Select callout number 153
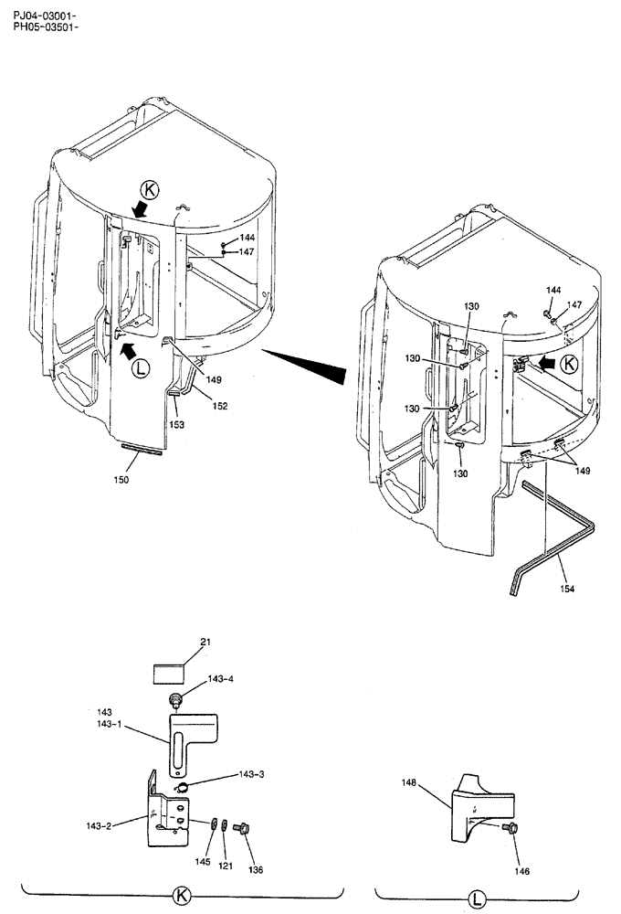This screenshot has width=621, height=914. (x=176, y=424)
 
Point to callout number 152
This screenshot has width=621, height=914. (x=221, y=406)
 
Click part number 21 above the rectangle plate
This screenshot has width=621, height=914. (x=205, y=643)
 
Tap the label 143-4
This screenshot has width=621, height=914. (x=220, y=679)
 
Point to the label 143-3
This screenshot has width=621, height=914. (x=222, y=773)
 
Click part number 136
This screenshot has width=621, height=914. (x=255, y=870)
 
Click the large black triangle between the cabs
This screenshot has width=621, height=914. (x=306, y=361)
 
